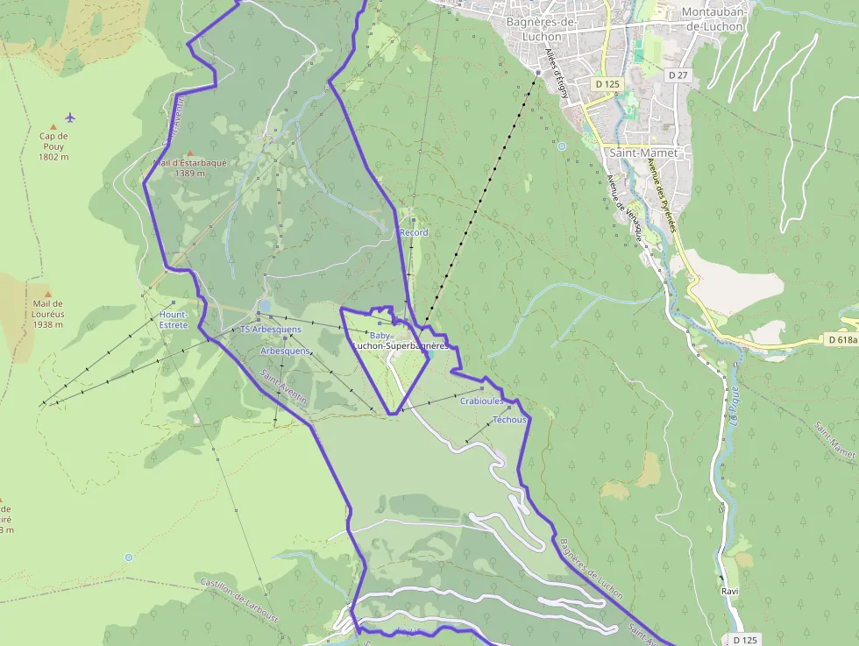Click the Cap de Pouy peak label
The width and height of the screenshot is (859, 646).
pyautogui.click(x=53, y=146)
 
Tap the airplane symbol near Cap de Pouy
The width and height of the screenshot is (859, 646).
pyautogui.click(x=70, y=117)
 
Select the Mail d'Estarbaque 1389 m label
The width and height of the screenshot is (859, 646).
pyautogui.click(x=189, y=167)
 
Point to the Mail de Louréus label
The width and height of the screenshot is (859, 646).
pyautogui.click(x=47, y=314)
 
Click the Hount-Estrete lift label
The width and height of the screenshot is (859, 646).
pyautogui.click(x=174, y=319)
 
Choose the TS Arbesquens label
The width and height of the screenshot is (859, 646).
pyautogui.click(x=271, y=330)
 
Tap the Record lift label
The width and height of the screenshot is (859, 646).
pyautogui.click(x=414, y=232)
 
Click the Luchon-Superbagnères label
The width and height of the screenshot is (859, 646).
pyautogui.click(x=400, y=346)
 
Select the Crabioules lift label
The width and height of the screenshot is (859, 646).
pyautogui.click(x=481, y=401)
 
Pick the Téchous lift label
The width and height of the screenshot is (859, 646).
pyautogui.click(x=509, y=420)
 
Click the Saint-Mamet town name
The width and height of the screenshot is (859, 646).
pyautogui.click(x=643, y=153)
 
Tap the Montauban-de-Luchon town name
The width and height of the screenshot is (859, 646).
pyautogui.click(x=711, y=19)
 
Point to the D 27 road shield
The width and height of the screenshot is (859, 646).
pyautogui.click(x=678, y=75)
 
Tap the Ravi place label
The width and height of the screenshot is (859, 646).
pyautogui.click(x=729, y=591)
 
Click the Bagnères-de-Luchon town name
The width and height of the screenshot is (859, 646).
pyautogui.click(x=540, y=29)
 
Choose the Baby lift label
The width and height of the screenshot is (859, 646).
pyautogui.click(x=380, y=336)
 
